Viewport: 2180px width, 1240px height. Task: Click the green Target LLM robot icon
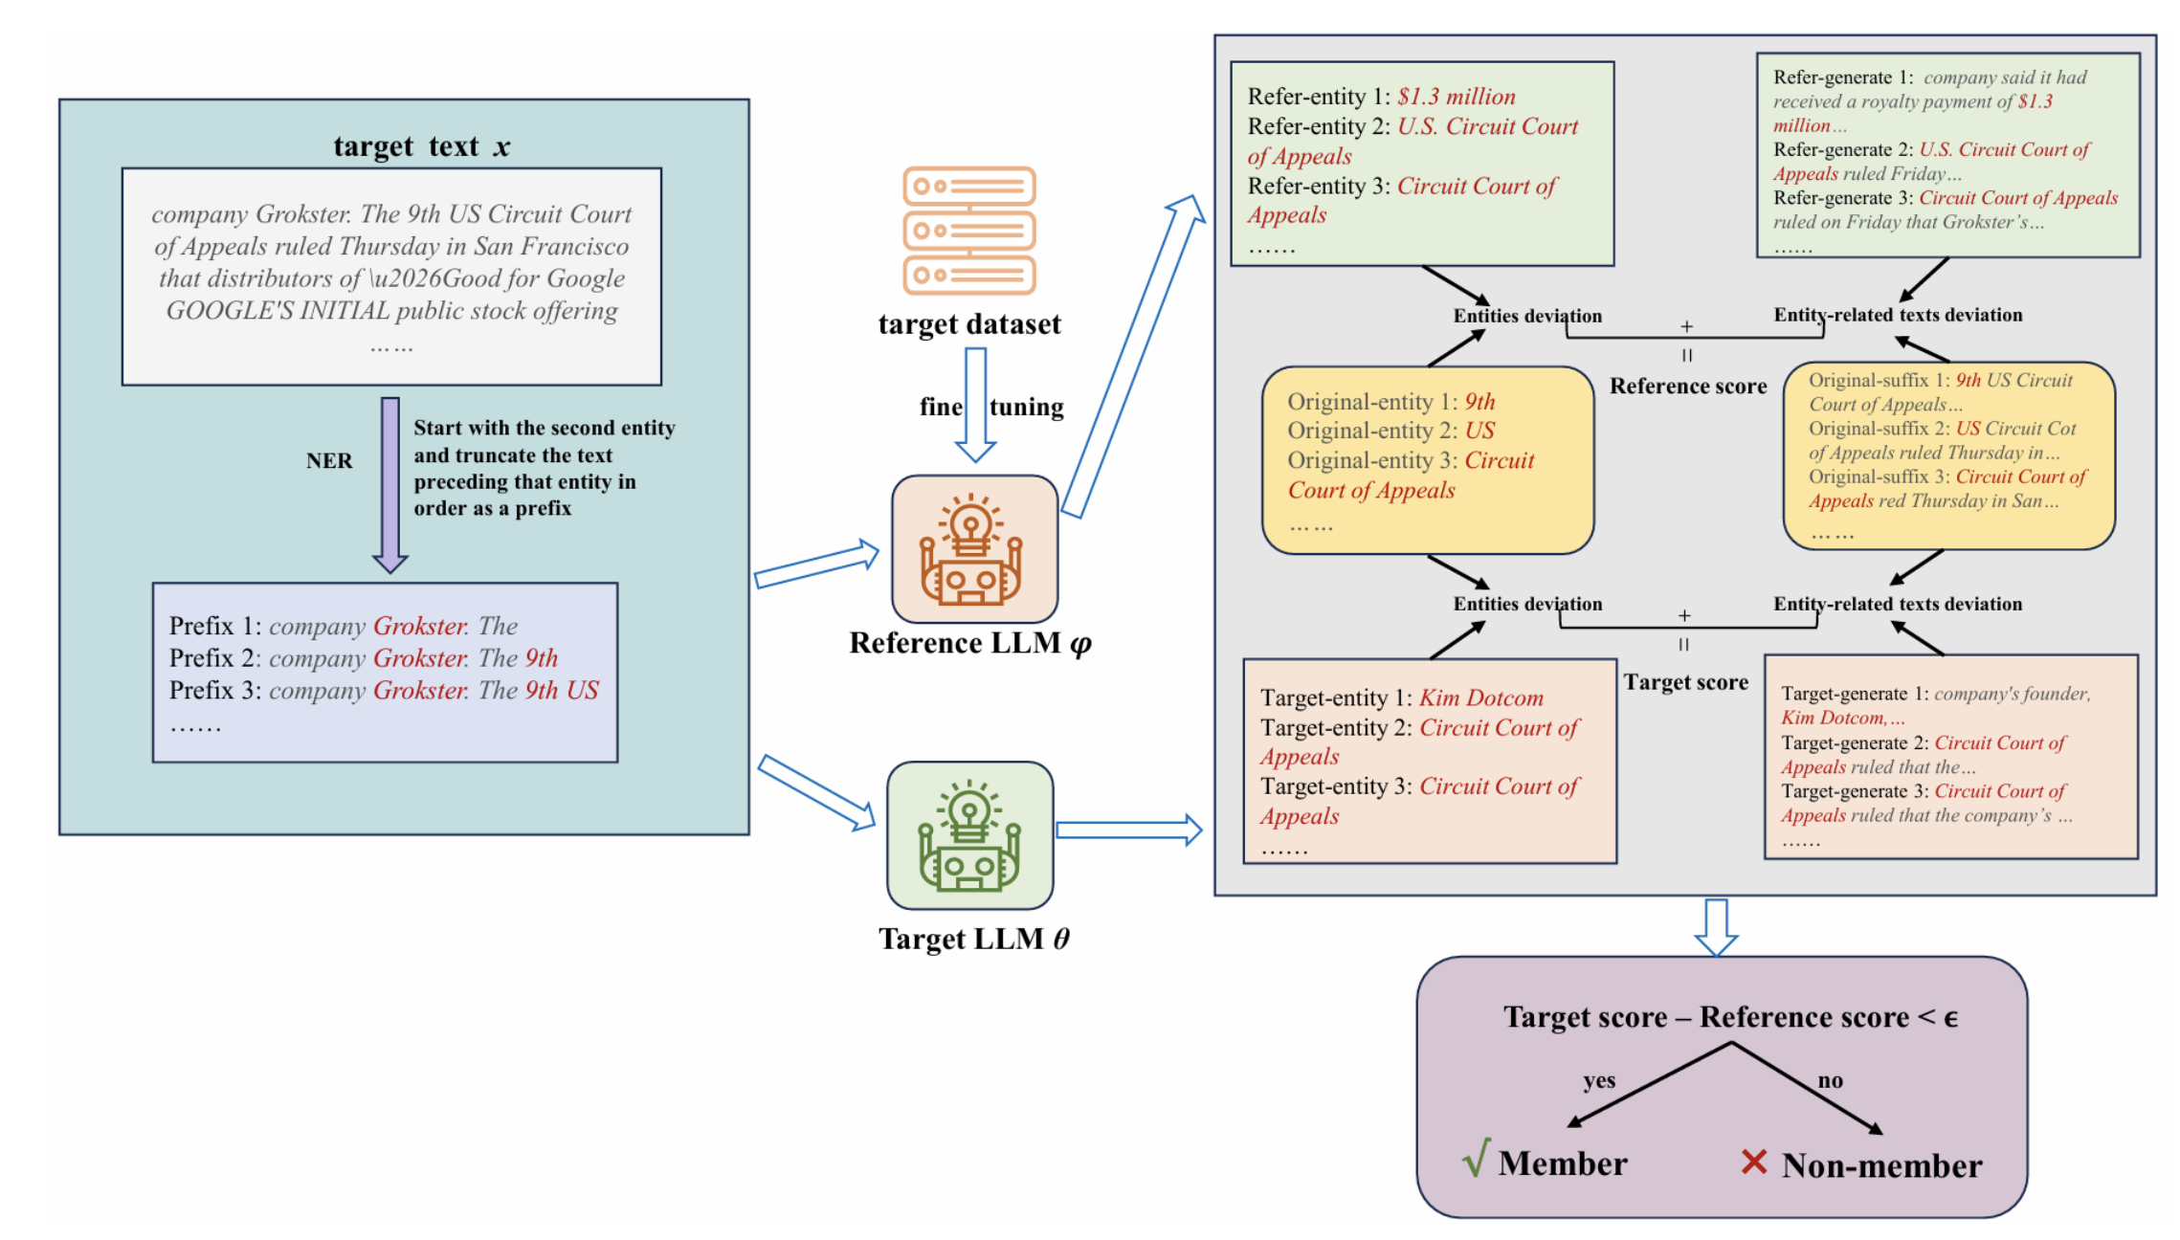(x=969, y=835)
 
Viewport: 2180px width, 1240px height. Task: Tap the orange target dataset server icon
(x=969, y=231)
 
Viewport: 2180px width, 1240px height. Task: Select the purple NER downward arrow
(x=389, y=483)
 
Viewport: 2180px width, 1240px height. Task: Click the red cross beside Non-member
(x=1753, y=1162)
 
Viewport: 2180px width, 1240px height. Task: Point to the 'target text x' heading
(x=421, y=146)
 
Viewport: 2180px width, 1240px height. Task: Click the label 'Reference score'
(x=1687, y=387)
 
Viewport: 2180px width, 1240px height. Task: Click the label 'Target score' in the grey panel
(x=1685, y=682)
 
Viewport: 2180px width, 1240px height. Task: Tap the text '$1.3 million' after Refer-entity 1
(x=1456, y=97)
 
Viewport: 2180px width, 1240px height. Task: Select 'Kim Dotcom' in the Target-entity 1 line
(x=1480, y=698)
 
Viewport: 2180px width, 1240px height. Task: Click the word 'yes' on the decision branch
(x=1598, y=1080)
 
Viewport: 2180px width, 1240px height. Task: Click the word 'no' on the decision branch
(x=1830, y=1080)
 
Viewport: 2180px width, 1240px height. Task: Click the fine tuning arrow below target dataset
(x=975, y=405)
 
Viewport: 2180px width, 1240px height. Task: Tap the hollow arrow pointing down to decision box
(x=1716, y=926)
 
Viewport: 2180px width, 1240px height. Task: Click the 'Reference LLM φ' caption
(x=969, y=643)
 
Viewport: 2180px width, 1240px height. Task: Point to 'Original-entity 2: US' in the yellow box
(x=1390, y=431)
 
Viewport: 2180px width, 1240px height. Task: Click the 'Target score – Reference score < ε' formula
(x=1729, y=1016)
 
